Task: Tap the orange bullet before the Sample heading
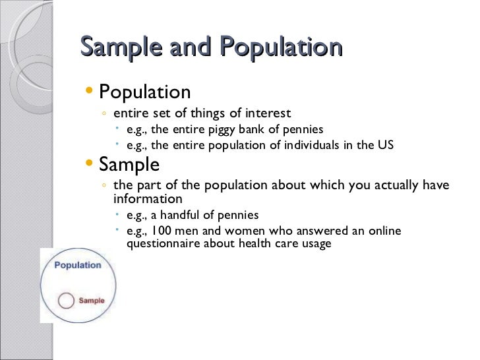click(x=90, y=162)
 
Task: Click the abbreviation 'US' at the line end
click(x=385, y=145)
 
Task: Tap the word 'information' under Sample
click(x=148, y=198)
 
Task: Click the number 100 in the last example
click(x=161, y=231)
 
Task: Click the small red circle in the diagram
click(x=66, y=301)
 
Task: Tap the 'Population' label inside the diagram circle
click(x=77, y=265)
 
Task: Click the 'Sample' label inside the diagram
click(x=91, y=301)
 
